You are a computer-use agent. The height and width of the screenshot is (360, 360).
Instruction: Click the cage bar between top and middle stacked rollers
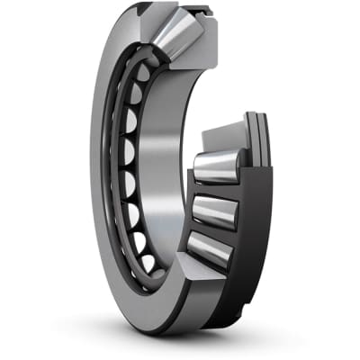pos(216,190)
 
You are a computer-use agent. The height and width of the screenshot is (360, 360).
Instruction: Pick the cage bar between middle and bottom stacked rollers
pos(212,231)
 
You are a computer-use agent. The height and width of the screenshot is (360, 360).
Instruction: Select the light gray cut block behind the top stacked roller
pos(221,138)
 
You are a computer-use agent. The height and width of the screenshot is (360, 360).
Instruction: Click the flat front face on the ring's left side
pos(101,180)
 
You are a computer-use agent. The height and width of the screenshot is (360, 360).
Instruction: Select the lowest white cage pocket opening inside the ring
pos(147,263)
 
